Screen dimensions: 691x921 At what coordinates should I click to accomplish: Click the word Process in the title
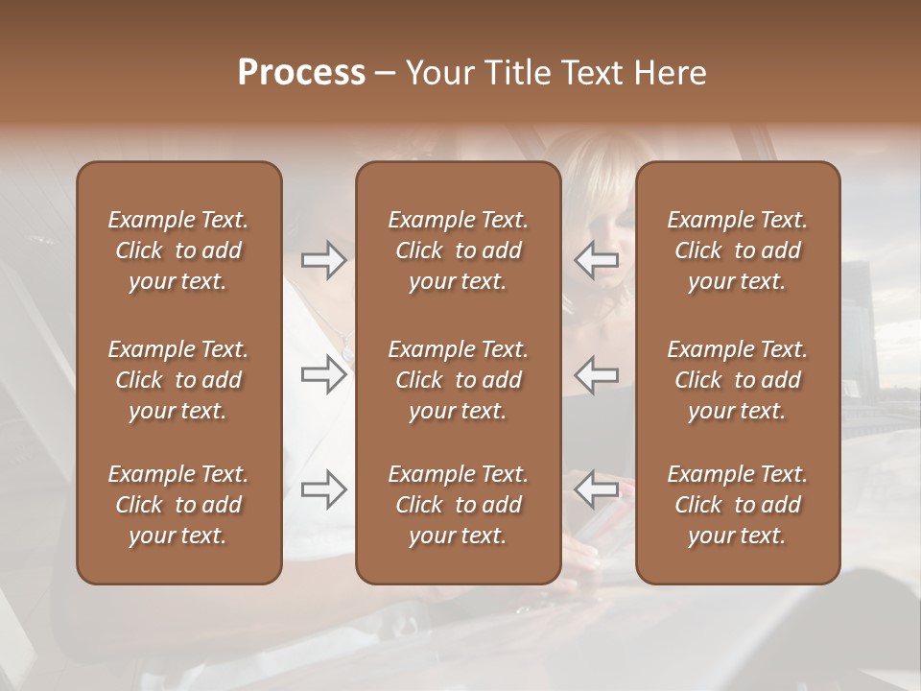301,73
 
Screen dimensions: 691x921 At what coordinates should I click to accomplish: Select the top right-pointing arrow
324,260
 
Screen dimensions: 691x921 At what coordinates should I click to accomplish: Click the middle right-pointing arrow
324,374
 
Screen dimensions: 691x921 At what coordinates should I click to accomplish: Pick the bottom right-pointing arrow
324,489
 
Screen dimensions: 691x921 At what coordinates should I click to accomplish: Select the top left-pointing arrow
596,260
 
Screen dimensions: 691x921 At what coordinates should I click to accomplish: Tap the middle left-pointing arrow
596,374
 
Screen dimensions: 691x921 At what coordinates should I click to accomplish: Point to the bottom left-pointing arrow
596,489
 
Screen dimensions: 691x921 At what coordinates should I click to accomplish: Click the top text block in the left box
178,250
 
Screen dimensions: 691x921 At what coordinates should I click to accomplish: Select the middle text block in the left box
178,380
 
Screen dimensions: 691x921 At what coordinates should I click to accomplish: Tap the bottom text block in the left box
178,505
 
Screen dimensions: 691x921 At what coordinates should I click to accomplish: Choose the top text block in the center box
458,250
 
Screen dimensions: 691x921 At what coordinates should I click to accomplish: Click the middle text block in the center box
458,380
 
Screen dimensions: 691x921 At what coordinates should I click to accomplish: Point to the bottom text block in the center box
458,505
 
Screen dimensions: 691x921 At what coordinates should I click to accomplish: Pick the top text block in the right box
737,250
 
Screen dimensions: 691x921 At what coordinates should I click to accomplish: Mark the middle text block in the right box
737,380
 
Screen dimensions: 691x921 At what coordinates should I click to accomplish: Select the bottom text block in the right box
737,505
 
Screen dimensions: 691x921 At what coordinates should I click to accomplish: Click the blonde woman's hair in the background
600,168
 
